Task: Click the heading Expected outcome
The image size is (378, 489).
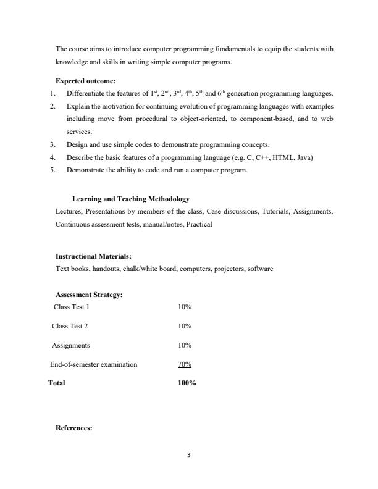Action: point(82,81)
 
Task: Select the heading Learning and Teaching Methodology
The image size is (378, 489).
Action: point(130,199)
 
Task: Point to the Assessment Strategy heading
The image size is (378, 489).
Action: point(89,295)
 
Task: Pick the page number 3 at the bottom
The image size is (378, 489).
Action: point(189,455)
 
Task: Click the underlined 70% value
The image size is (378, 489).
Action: point(185,364)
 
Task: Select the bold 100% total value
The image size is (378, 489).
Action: point(187,383)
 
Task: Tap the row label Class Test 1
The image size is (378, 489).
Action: point(72,306)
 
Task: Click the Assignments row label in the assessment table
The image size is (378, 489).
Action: point(71,345)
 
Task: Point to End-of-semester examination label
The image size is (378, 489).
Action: point(94,364)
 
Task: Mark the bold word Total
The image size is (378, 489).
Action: point(57,383)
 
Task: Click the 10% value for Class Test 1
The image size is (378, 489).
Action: point(185,306)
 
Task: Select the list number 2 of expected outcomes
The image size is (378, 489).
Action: point(52,106)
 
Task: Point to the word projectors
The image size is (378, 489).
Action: point(226,269)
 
